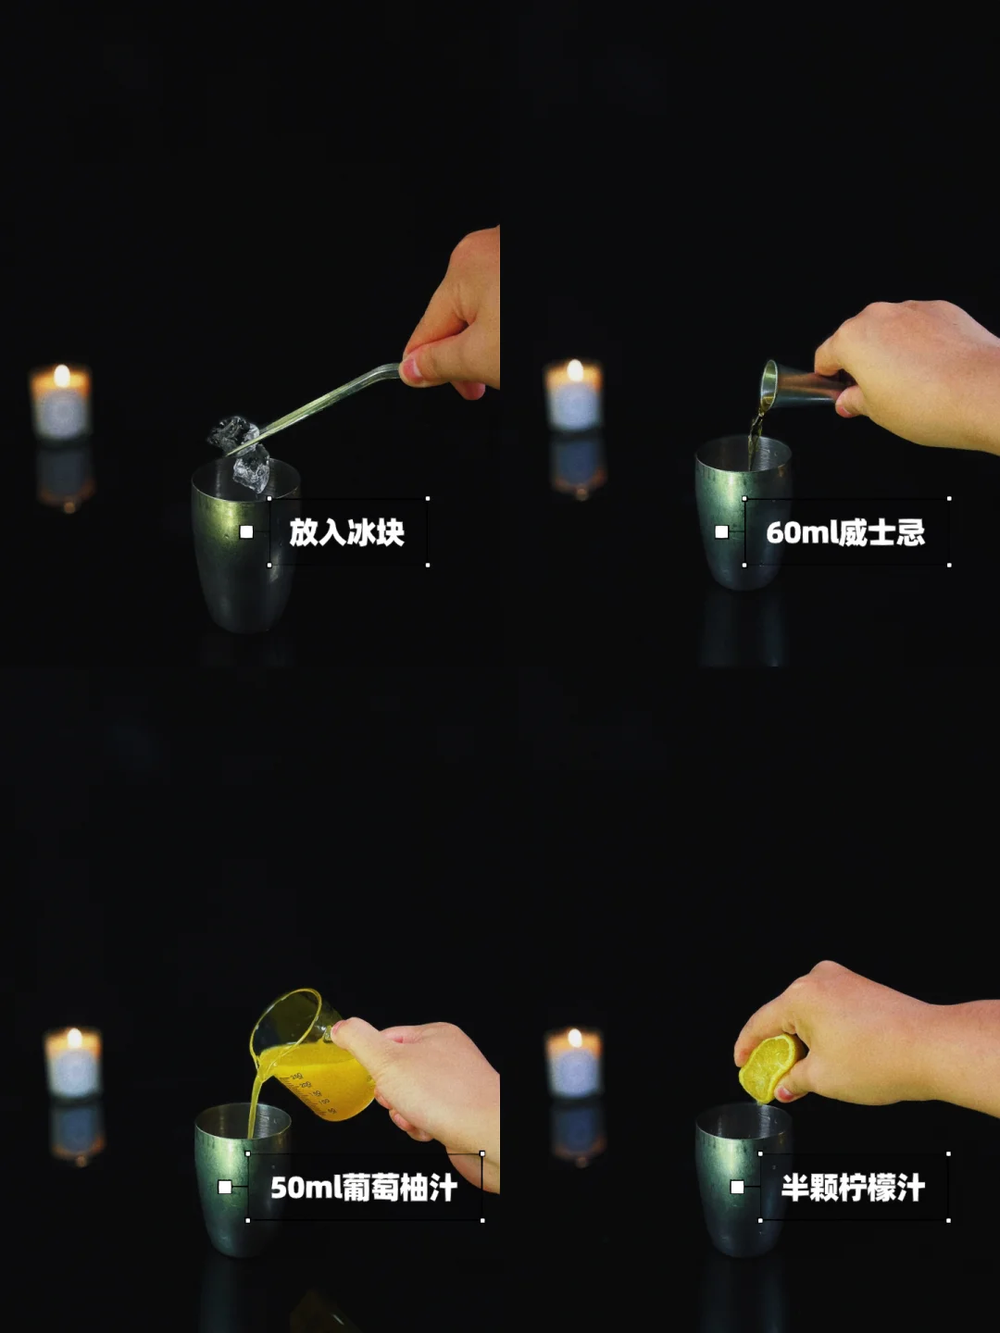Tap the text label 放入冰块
346,532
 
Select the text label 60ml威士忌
845,532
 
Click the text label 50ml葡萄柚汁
364,1188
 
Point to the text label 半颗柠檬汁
853,1188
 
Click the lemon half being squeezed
769,1068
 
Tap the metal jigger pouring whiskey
803,384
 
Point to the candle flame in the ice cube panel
62,376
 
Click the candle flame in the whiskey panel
575,370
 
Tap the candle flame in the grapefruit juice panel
75,1039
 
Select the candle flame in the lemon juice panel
574,1039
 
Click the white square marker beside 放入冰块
246,532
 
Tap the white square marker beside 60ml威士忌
721,532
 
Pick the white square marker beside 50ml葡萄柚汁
225,1187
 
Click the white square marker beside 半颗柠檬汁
737,1187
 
